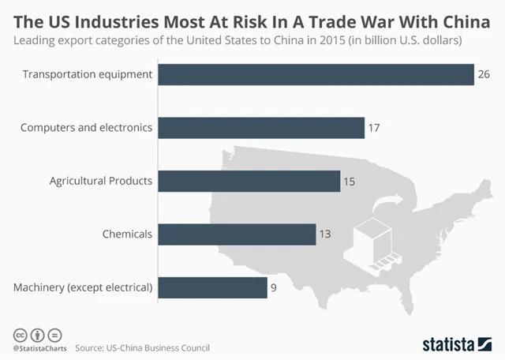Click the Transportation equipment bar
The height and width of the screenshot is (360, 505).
point(316,75)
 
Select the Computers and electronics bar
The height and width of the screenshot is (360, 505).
point(261,128)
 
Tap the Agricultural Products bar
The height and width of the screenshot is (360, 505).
point(249,181)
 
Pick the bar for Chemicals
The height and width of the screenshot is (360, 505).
point(237,234)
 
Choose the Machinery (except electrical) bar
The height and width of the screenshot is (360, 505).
point(212,287)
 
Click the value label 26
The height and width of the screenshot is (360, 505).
point(484,75)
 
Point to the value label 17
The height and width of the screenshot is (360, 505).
point(374,128)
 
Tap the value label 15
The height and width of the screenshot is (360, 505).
point(350,181)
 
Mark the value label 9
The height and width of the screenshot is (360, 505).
point(274,287)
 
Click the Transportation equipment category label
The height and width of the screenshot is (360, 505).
point(87,75)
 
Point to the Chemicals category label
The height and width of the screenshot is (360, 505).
point(127,234)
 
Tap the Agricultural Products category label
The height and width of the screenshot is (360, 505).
point(100,181)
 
